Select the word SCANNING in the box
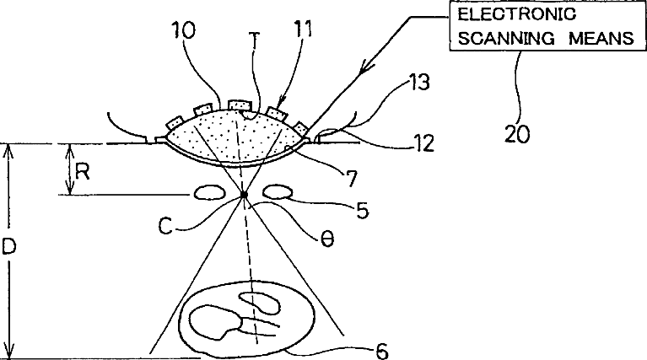click(x=491, y=38)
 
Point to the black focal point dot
click(x=244, y=195)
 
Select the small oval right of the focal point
click(x=278, y=194)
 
